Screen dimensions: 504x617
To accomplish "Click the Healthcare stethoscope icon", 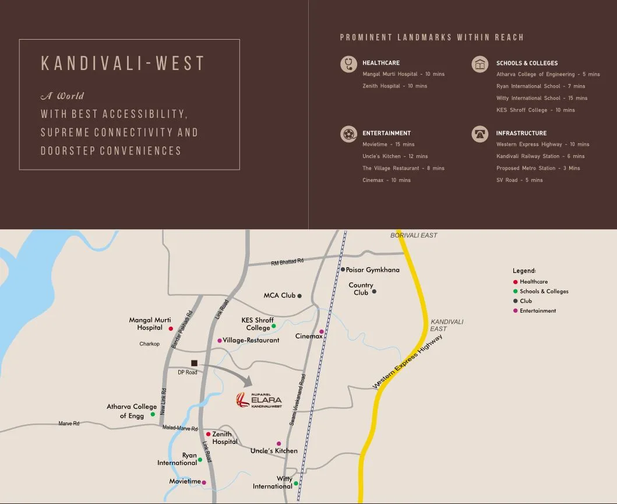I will (x=348, y=64).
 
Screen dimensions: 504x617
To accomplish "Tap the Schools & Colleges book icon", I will (x=480, y=64).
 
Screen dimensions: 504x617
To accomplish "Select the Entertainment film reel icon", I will (x=348, y=134).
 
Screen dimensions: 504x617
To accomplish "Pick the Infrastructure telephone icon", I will (x=480, y=134).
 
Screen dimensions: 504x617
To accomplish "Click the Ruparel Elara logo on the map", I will (x=259, y=401).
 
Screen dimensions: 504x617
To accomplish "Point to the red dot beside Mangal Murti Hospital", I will (x=171, y=328).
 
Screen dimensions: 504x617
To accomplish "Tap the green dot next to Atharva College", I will (x=153, y=415).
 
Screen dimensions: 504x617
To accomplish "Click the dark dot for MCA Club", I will (x=299, y=296).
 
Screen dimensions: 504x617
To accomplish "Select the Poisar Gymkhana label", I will (x=372, y=270).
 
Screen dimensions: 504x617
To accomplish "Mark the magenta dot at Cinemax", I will (x=321, y=332).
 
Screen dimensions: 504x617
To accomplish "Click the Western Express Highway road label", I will (x=407, y=362).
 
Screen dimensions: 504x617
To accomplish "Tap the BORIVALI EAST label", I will (x=414, y=235).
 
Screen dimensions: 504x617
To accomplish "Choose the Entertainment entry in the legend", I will (x=538, y=311).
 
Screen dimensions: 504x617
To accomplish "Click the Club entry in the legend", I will (x=526, y=301).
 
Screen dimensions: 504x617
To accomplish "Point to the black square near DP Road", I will (x=194, y=363).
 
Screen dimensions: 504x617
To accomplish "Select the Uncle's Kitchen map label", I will (x=274, y=451).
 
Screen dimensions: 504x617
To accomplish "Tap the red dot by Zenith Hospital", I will (x=208, y=434).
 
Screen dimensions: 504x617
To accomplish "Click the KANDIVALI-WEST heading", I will (x=122, y=64).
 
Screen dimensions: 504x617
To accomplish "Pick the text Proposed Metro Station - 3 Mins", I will (x=538, y=168).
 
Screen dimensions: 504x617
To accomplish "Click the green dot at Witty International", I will (x=296, y=483).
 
